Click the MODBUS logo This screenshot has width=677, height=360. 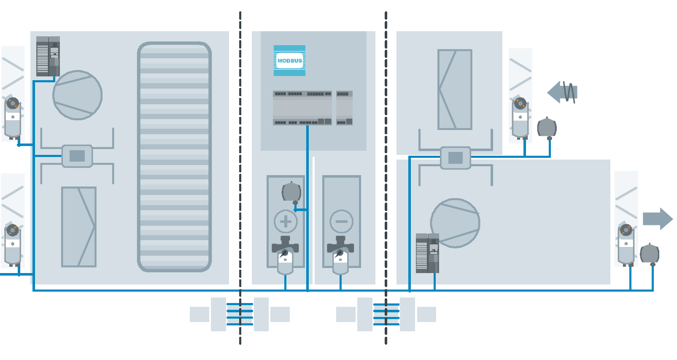(x=289, y=60)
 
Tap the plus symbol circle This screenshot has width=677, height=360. (x=286, y=221)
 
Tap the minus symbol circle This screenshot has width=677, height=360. (x=341, y=221)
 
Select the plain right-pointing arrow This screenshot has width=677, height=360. (x=657, y=219)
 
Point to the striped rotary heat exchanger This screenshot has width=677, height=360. (x=174, y=157)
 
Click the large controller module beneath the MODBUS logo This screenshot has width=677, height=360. (x=302, y=108)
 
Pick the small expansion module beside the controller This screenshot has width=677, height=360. (x=344, y=108)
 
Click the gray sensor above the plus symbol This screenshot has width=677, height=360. (x=291, y=192)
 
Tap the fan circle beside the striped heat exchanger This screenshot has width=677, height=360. (x=78, y=95)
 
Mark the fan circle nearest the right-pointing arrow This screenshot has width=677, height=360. (x=455, y=223)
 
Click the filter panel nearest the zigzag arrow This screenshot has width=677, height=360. (x=455, y=89)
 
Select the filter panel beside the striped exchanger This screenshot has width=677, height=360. (x=79, y=227)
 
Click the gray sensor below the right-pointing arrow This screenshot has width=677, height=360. (x=650, y=253)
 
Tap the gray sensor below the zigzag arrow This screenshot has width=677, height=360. (x=547, y=127)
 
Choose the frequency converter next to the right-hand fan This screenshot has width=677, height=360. (x=427, y=253)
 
